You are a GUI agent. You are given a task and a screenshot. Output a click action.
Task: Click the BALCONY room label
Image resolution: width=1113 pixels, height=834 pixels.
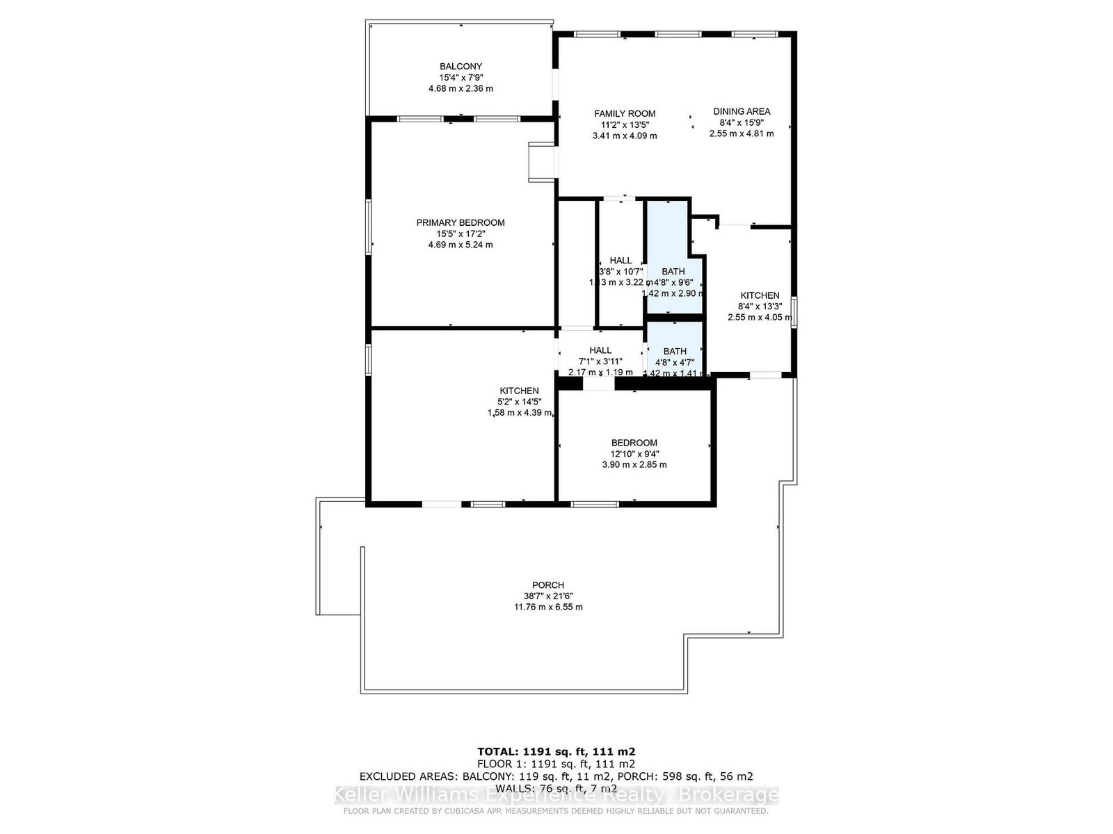coord(461,67)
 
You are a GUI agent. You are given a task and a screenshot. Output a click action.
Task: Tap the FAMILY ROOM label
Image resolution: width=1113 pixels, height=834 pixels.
coord(625,113)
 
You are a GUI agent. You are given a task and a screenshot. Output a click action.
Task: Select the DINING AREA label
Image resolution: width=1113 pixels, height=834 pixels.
coord(742,111)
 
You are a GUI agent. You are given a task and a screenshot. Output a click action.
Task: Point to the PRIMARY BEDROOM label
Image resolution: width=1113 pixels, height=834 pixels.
coord(461,222)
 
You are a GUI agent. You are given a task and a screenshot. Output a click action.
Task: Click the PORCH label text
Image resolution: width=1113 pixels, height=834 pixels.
coord(548,585)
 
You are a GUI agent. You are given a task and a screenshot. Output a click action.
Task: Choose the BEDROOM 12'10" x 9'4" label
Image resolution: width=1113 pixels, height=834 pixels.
coord(634,443)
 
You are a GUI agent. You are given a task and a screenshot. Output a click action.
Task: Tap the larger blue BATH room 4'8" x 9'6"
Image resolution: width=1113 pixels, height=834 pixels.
coord(673,257)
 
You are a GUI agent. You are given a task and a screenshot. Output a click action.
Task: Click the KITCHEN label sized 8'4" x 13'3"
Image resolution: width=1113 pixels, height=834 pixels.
coord(760,295)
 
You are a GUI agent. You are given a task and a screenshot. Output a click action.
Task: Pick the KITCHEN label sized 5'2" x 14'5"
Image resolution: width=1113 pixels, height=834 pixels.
coord(519,391)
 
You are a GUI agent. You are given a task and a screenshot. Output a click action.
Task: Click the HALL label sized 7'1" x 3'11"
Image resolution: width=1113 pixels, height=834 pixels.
coord(600,350)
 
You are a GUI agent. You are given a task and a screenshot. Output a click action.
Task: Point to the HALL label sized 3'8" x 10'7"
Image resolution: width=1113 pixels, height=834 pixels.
coord(620,261)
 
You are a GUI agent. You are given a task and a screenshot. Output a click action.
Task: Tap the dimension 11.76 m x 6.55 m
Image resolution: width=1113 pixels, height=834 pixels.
coord(548,607)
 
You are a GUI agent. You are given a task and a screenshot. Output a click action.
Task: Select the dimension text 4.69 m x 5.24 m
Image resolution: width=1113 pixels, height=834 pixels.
coord(461,245)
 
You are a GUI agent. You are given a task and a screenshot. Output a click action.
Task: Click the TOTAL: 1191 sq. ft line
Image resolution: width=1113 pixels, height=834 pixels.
coord(556,751)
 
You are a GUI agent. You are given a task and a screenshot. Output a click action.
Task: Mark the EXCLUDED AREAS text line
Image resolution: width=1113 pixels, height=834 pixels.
coord(556,776)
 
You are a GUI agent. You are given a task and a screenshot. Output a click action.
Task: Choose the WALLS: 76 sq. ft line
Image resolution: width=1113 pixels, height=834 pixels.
coord(556,789)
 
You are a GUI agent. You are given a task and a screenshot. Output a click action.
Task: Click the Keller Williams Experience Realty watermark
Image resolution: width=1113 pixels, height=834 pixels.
coord(556,795)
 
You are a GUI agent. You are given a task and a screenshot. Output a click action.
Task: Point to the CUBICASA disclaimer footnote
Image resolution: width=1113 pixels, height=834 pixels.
coord(556,811)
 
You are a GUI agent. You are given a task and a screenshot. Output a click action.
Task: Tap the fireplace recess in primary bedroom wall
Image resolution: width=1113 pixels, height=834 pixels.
coord(542,162)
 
